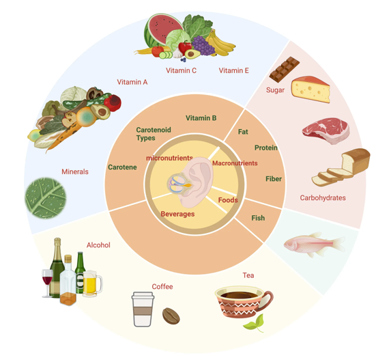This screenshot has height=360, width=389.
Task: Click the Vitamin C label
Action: (x=181, y=71)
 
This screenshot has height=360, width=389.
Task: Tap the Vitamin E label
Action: (x=233, y=71)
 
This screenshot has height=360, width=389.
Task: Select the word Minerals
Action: (x=75, y=171)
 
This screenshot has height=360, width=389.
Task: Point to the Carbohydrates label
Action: (x=323, y=198)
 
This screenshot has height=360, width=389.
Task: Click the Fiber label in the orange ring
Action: (x=274, y=179)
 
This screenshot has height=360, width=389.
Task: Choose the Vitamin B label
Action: (x=201, y=118)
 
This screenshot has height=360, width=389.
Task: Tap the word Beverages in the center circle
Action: (x=177, y=214)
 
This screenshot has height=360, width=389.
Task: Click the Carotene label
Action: (x=122, y=167)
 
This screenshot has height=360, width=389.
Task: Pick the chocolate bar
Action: (x=285, y=69)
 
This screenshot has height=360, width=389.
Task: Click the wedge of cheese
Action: (x=311, y=89)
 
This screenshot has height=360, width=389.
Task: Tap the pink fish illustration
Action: (x=315, y=244)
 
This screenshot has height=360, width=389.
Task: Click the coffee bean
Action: (x=171, y=316)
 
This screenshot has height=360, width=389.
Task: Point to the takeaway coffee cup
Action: (x=143, y=309)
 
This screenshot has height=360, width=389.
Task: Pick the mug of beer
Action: (x=92, y=283)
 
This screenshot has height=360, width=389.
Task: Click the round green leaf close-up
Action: (x=46, y=198)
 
